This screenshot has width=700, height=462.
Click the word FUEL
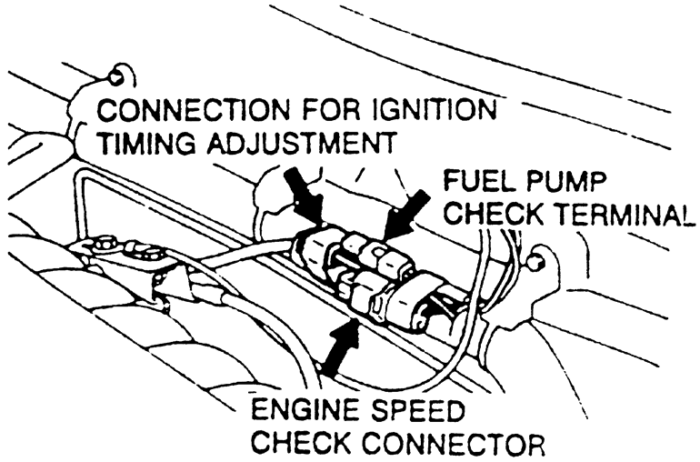(x=476, y=178)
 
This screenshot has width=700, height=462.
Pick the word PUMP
(x=565, y=178)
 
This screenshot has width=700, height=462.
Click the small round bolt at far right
(x=539, y=264)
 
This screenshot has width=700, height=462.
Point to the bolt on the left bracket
(x=101, y=244)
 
